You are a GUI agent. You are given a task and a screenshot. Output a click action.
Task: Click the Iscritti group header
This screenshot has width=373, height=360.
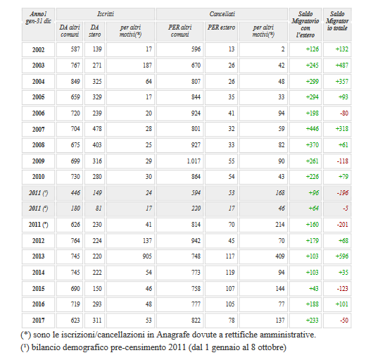106,14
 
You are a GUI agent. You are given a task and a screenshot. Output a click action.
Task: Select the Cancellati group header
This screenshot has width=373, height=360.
222,14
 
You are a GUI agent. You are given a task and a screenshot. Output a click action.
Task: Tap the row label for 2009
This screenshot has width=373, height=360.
38,161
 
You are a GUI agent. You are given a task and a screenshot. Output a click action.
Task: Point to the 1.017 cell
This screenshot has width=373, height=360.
194,161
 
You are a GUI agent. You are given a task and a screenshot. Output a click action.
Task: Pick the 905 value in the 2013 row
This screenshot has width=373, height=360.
147,256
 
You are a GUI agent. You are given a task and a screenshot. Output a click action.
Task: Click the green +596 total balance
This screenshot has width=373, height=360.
342,256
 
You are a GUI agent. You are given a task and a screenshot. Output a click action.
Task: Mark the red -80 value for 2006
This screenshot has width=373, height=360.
344,113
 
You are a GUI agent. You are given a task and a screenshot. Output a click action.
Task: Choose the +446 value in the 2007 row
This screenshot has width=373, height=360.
312,129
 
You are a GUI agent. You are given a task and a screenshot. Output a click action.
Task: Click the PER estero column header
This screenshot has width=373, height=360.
221,27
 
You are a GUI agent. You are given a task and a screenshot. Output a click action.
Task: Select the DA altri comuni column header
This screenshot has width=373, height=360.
70,31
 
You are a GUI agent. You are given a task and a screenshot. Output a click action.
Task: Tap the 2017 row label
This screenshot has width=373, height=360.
38,321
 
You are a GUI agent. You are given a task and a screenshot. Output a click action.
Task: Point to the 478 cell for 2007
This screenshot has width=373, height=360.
97,129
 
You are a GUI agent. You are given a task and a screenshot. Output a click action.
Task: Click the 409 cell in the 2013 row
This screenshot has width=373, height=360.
280,256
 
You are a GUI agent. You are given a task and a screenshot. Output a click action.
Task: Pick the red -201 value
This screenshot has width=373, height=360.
342,225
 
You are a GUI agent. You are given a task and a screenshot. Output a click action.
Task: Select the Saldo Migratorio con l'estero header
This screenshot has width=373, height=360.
305,25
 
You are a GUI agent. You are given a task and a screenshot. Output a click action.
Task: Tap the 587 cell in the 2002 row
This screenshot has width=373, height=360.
75,49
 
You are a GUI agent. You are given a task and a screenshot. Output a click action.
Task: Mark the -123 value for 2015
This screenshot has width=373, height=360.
342,289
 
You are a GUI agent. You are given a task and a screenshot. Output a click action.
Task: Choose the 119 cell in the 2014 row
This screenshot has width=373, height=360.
230,273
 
